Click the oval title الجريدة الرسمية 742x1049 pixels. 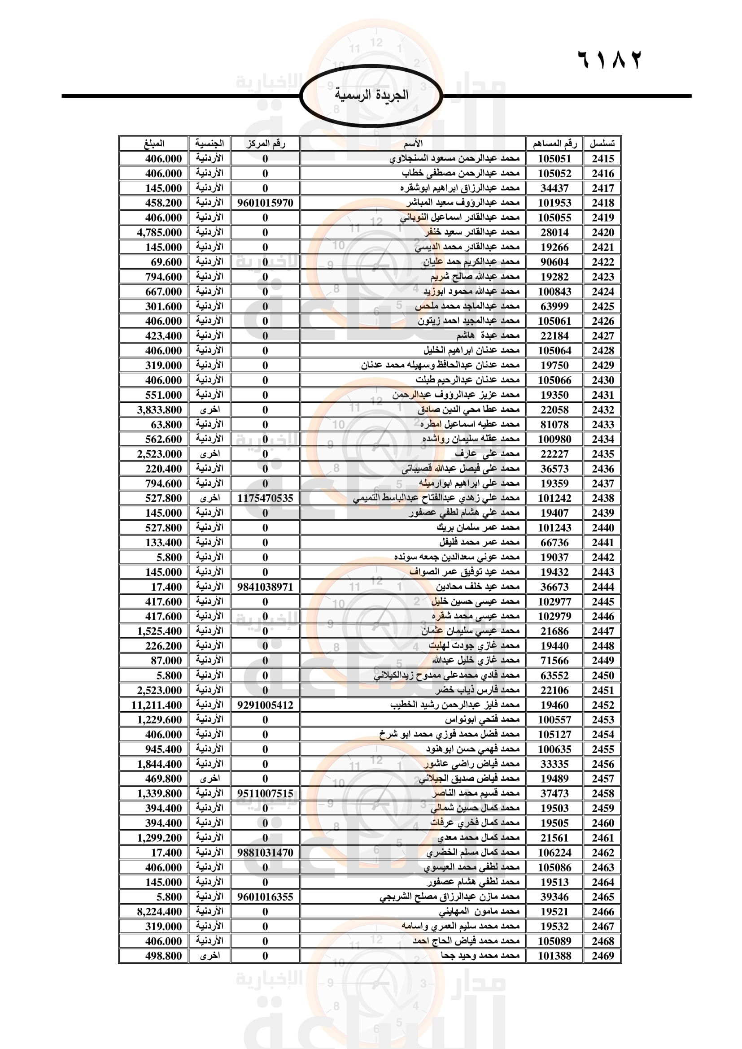click(371, 96)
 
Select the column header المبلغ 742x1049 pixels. click(154, 144)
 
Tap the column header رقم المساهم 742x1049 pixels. click(554, 144)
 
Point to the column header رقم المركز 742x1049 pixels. click(265, 144)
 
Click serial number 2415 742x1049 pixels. click(602, 158)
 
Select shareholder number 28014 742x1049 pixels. click(554, 233)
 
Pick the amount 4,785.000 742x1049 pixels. click(159, 233)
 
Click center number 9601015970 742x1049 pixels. click(265, 203)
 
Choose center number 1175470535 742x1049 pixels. click(265, 498)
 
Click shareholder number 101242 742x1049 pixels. click(554, 498)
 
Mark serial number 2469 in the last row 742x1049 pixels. click(602, 956)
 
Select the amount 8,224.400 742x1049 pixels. click(159, 911)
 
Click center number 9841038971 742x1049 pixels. click(265, 587)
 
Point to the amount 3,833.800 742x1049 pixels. click(159, 410)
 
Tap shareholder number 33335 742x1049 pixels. click(554, 764)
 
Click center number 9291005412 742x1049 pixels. click(265, 705)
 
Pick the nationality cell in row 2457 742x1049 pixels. click(210, 779)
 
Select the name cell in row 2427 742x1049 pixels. click(488, 336)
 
